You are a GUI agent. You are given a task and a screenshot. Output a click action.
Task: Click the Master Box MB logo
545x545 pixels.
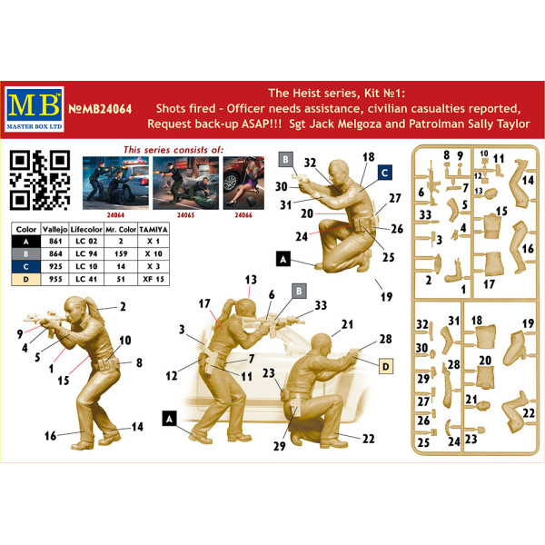coord(35,109)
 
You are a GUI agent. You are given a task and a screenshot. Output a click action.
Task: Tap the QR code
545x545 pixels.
coord(40,180)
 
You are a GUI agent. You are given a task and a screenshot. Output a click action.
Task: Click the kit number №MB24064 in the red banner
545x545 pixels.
coord(100,109)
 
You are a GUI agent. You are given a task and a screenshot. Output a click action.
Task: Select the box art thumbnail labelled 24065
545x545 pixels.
coord(185,183)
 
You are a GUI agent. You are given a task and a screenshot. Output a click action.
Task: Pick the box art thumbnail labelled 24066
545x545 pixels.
coord(243,183)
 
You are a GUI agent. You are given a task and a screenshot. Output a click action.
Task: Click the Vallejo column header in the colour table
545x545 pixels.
coord(54,230)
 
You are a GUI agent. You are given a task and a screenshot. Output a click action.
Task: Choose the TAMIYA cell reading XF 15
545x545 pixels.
coord(154,279)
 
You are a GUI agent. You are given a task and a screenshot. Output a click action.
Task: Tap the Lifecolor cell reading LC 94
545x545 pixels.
coord(86,253)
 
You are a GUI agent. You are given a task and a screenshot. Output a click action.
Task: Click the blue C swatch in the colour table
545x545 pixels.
coord(26,266)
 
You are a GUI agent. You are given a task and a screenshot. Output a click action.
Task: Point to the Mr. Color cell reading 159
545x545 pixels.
coord(121,253)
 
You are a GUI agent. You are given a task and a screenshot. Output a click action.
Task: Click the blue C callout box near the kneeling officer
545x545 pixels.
coord(385,173)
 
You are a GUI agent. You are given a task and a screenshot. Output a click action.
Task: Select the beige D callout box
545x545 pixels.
coord(385,366)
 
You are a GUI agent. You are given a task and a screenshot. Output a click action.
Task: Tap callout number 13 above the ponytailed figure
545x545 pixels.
coord(251,280)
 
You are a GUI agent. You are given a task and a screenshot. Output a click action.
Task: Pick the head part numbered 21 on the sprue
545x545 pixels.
coord(484,405)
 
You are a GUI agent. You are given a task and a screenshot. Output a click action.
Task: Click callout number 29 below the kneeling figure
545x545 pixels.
coord(280,446)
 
